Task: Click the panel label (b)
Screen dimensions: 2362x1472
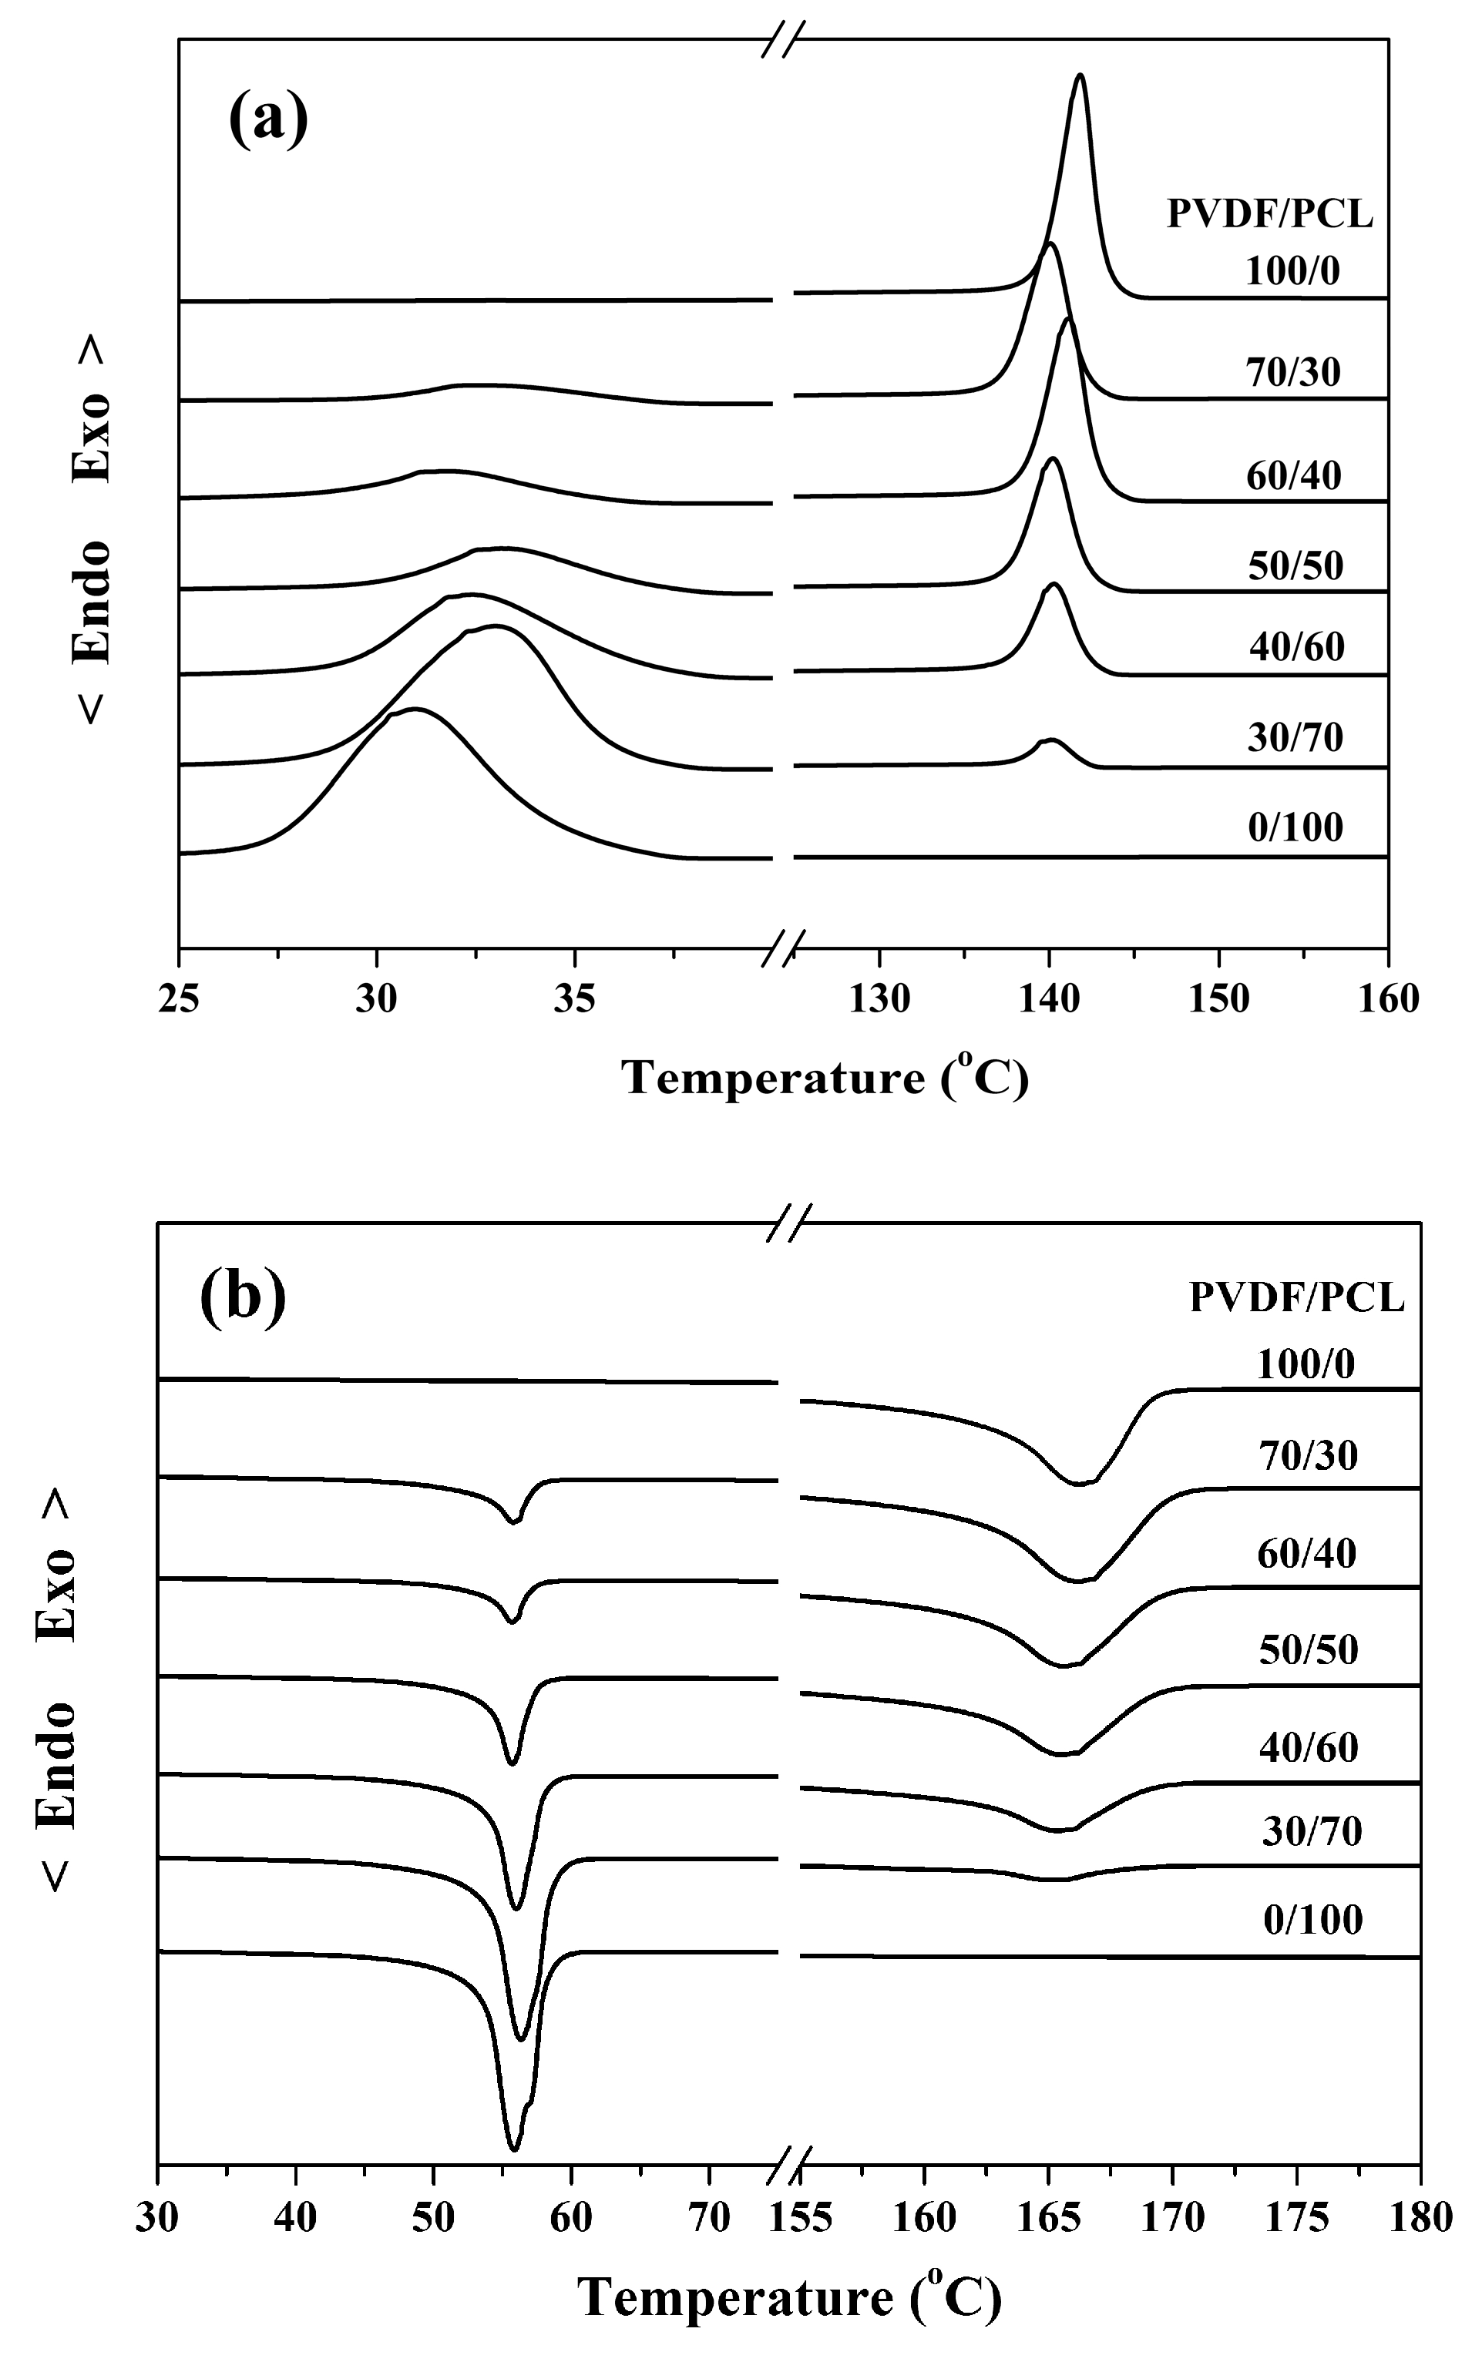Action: tap(243, 1298)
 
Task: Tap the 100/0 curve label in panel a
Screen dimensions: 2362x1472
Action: tap(1293, 270)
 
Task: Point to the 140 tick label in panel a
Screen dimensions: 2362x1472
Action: tap(1048, 999)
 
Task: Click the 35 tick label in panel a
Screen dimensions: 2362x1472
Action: tap(573, 999)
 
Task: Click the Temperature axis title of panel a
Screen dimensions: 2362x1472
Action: tap(825, 1079)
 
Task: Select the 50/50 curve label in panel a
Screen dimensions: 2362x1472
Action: tap(1296, 565)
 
